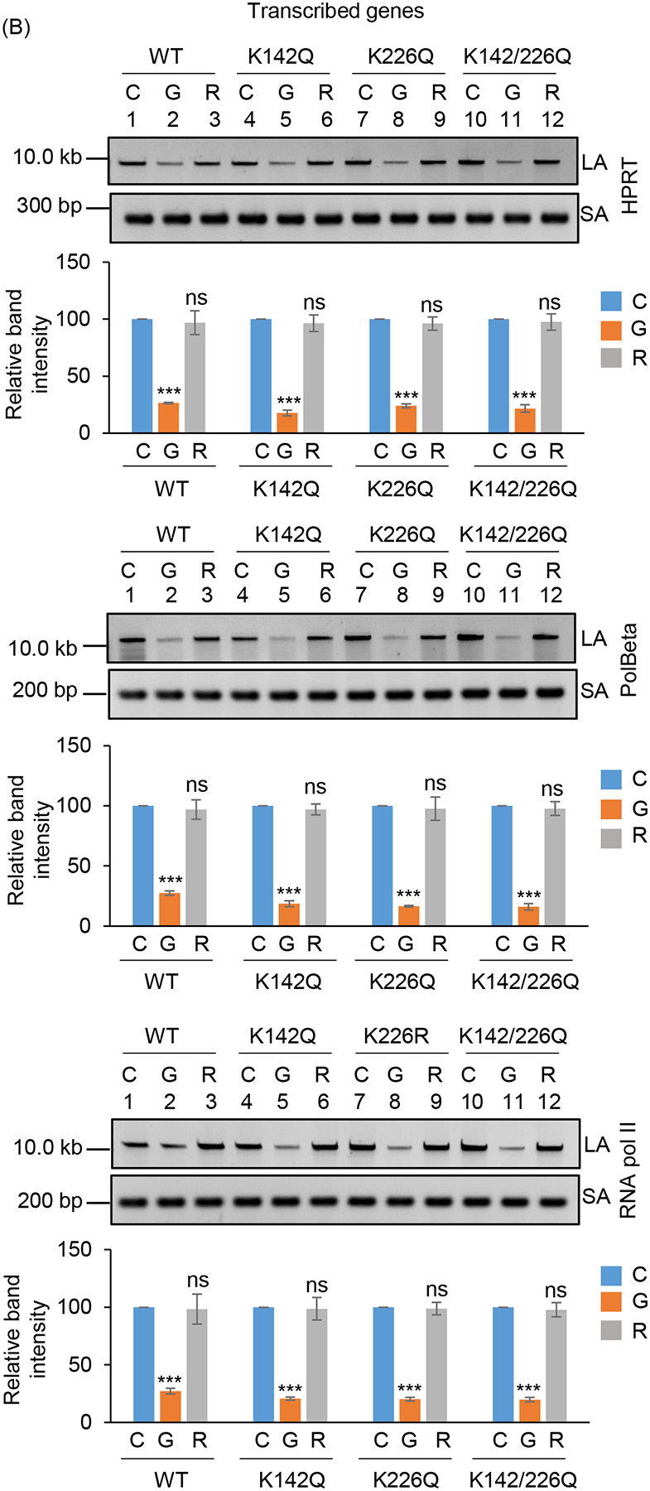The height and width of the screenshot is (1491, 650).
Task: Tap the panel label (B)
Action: click(x=18, y=27)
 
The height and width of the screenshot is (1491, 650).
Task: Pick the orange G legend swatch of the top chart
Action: click(x=610, y=330)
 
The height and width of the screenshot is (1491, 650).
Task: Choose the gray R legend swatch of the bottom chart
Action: click(x=610, y=1330)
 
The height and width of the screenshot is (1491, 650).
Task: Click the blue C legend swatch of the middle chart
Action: click(x=610, y=779)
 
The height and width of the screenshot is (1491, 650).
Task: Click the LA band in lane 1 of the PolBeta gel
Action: click(x=132, y=639)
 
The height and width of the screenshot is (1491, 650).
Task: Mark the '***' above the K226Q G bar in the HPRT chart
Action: click(x=407, y=395)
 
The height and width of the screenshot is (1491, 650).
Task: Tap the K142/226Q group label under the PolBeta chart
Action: click(x=525, y=982)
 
